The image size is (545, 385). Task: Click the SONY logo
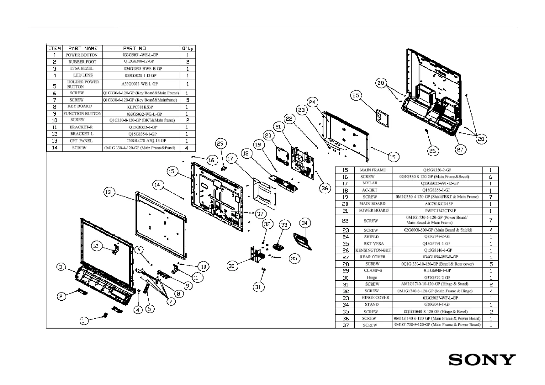pyautogui.click(x=482, y=360)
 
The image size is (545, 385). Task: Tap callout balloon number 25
pyautogui.click(x=356, y=95)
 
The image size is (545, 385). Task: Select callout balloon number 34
pyautogui.click(x=304, y=223)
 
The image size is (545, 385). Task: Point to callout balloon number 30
pyautogui.click(x=232, y=266)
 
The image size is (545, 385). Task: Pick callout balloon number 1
pyautogui.click(x=83, y=321)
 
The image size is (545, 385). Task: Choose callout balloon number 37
pyautogui.click(x=260, y=214)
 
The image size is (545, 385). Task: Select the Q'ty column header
pyautogui.click(x=188, y=48)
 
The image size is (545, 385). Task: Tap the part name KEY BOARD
pyautogui.click(x=80, y=106)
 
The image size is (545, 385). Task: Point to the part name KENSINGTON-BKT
pyautogui.click(x=373, y=250)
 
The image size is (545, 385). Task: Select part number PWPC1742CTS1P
pyautogui.click(x=439, y=211)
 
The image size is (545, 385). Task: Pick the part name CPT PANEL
pyautogui.click(x=81, y=141)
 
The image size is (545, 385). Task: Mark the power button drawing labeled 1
pyautogui.click(x=105, y=315)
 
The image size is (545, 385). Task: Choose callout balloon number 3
pyautogui.click(x=61, y=267)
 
